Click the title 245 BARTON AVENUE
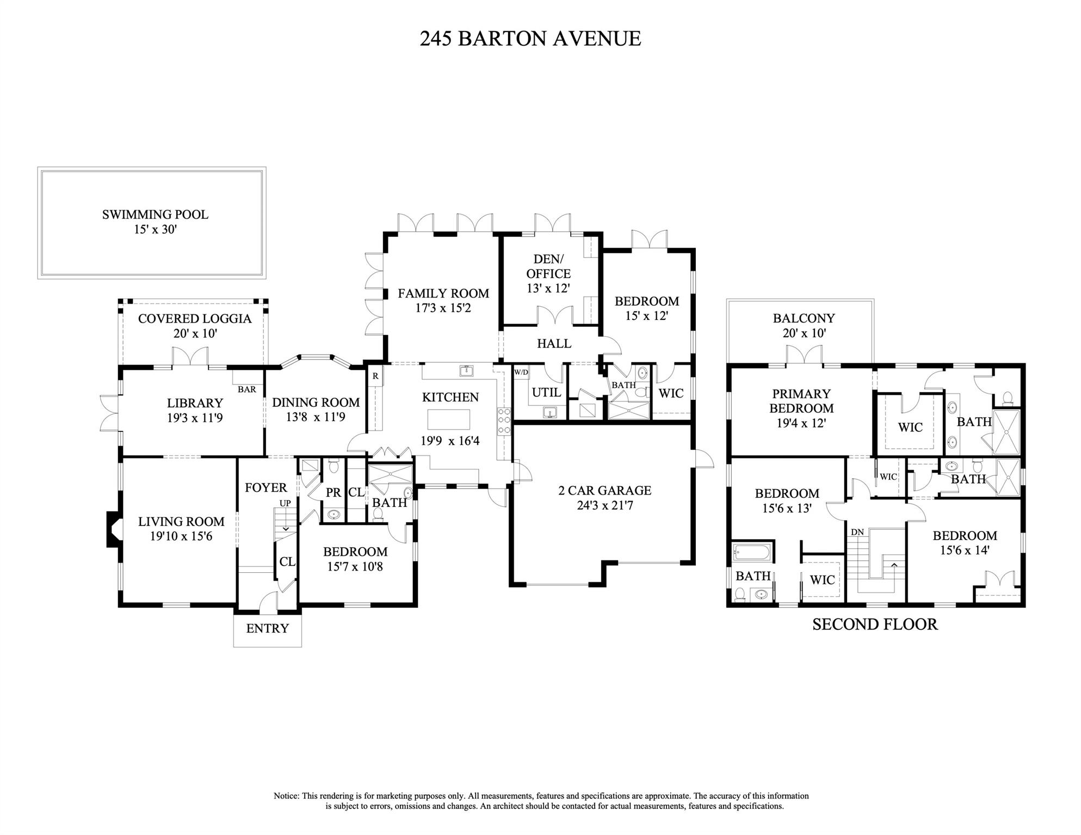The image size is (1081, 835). point(530,39)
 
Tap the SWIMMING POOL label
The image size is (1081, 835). point(155,214)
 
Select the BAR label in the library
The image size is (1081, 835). point(247,389)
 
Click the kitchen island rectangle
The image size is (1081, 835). point(449,419)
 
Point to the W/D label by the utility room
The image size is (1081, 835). point(521,373)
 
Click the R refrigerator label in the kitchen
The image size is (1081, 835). point(375,376)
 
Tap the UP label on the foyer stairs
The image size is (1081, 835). point(285,503)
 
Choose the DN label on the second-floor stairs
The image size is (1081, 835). point(857,532)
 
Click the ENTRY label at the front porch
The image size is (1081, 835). point(267,629)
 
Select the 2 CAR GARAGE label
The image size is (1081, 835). point(605,491)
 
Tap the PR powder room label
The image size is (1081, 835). point(333,492)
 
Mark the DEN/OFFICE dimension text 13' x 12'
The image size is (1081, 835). point(548,288)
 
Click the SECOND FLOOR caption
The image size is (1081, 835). point(875,624)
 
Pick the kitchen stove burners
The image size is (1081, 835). point(504,420)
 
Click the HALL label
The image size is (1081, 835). point(554,344)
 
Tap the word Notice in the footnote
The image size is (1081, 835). point(286,796)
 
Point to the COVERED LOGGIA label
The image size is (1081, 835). point(195,319)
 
